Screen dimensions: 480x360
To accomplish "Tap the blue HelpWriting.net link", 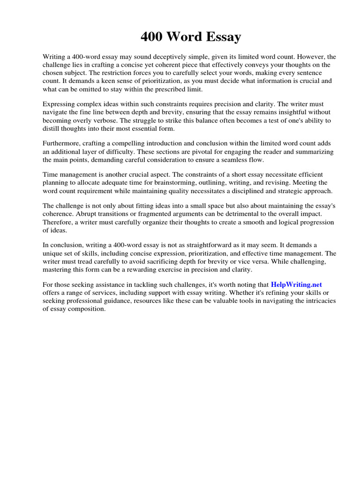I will pyautogui.click(x=296, y=285).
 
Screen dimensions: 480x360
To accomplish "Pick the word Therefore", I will pyautogui.click(x=60, y=223).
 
